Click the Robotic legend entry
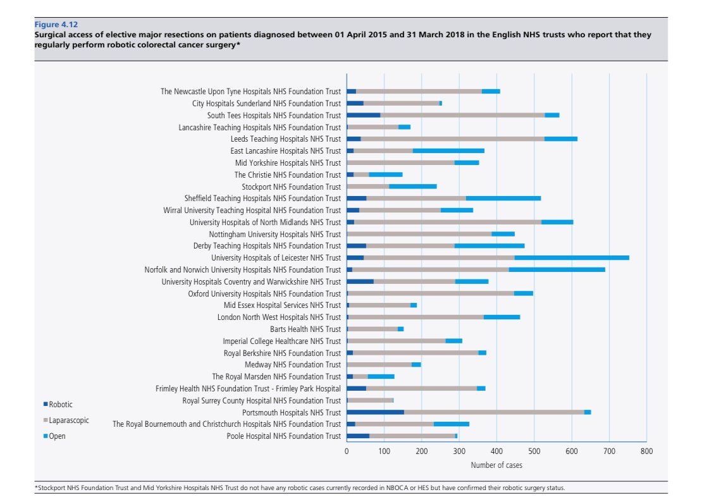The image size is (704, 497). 60,405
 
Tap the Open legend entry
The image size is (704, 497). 57,436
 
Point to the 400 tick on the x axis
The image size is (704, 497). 497,451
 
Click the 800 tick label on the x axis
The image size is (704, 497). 646,451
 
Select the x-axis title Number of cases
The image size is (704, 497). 497,465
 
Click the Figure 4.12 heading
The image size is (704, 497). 56,25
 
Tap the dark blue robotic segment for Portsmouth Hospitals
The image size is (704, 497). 375,412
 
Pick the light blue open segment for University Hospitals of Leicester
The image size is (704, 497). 571,258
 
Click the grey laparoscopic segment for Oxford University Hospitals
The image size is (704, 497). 431,293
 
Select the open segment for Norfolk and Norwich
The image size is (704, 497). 557,270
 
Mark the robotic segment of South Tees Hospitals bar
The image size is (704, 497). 363,116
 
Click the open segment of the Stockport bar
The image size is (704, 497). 412,187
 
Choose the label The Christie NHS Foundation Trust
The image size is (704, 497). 287,175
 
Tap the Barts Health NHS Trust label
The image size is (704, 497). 305,329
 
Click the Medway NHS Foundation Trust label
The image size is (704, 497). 292,365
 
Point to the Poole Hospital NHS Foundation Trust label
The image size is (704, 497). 283,436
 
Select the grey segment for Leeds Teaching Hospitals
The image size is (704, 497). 452,139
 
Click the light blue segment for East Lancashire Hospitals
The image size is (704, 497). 448,151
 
